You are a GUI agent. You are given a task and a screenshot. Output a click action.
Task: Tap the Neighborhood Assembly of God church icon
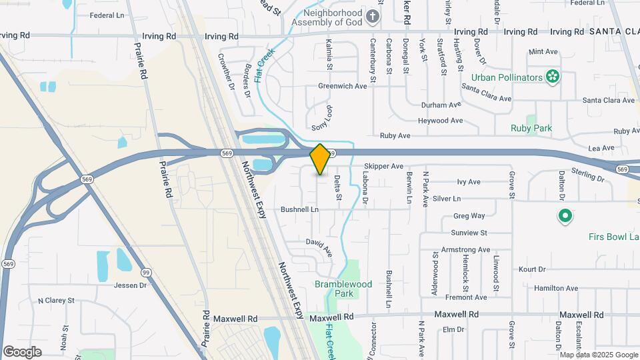[x=373, y=16]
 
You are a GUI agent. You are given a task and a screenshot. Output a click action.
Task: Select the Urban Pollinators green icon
[x=552, y=77]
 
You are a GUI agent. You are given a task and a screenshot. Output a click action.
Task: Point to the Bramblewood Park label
[x=343, y=289]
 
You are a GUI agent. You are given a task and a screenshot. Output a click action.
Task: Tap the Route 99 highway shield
[x=145, y=272]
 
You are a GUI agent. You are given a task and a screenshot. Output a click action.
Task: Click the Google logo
[x=22, y=352]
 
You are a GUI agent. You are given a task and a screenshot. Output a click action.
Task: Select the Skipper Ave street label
[x=384, y=166]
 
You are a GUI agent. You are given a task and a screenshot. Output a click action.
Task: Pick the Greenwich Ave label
[x=343, y=86]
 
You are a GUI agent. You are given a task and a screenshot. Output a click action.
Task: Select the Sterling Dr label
[x=587, y=179]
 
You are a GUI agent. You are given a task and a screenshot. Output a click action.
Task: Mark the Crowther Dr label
[x=227, y=72]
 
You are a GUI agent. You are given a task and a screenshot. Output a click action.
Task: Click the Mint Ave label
[x=543, y=51]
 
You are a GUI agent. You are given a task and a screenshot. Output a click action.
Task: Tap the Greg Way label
[x=469, y=216]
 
